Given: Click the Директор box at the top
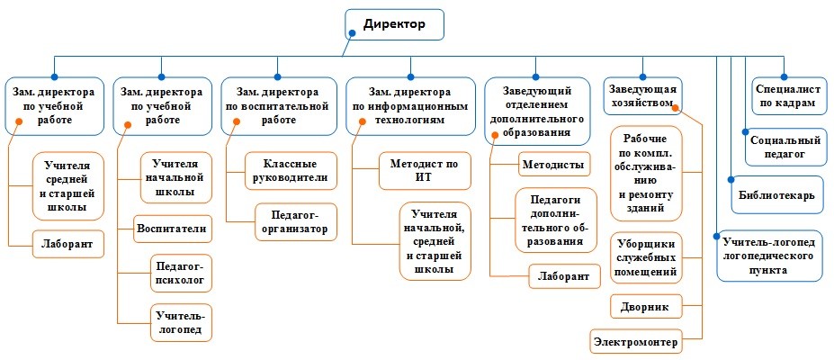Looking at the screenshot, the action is [x=394, y=24].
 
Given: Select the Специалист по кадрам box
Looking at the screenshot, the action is [x=787, y=96].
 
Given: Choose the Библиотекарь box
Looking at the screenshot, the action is [x=776, y=194].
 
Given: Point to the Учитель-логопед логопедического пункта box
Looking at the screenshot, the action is [x=769, y=256].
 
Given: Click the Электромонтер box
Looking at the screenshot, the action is [x=636, y=341].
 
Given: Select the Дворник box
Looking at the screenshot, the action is [x=645, y=307].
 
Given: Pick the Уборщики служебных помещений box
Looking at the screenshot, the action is [x=646, y=258].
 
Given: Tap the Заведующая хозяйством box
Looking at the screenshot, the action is [x=642, y=96].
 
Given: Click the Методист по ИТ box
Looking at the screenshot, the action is [x=425, y=171].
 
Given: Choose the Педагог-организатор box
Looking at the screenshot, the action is [x=296, y=222].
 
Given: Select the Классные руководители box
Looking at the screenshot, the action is [x=291, y=171].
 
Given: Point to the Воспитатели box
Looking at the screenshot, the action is [x=173, y=229].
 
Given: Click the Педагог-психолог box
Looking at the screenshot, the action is [x=182, y=274].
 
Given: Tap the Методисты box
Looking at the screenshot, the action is [x=553, y=164].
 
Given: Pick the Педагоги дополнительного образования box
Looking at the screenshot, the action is [x=556, y=220].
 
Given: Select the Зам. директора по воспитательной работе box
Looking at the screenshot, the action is [x=278, y=106].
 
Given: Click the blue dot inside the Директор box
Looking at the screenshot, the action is [x=352, y=32].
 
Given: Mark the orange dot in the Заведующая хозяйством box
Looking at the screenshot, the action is [x=675, y=108].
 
